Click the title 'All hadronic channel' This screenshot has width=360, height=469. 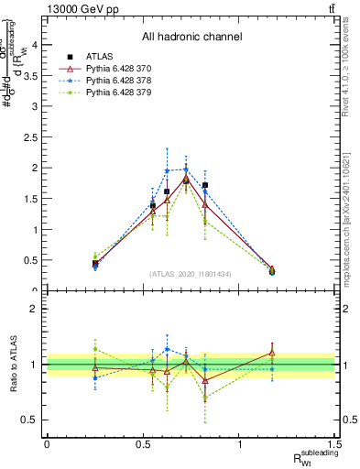191,37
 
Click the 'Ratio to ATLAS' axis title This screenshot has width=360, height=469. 13,365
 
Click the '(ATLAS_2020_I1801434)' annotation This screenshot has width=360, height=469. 191,274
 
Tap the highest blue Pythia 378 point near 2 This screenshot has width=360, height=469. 186,169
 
